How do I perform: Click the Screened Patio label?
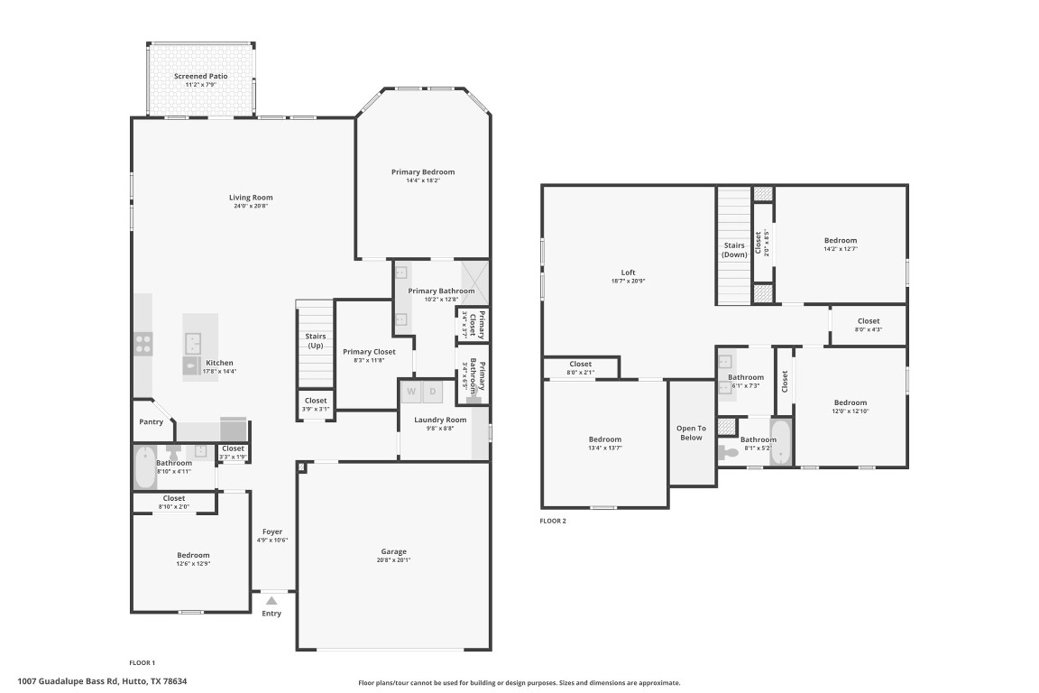tap(200, 77)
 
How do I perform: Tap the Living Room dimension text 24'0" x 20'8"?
tap(251, 207)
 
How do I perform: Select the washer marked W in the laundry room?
tap(410, 392)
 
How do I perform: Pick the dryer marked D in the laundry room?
tap(432, 392)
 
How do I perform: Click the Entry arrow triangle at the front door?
tap(271, 599)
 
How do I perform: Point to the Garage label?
tap(393, 551)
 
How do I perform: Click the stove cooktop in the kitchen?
tap(143, 343)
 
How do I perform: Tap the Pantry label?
tap(151, 421)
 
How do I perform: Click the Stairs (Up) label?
tap(316, 341)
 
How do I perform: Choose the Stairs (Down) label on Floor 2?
tap(734, 249)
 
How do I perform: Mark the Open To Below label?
tap(691, 432)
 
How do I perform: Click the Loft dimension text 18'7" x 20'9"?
tap(629, 281)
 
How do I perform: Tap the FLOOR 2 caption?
tap(553, 521)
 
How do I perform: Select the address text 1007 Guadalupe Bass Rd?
tap(108, 681)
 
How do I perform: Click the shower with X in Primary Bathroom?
tap(474, 282)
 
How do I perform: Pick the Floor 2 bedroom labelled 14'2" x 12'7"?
tap(840, 245)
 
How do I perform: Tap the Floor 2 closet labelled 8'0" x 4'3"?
tap(868, 325)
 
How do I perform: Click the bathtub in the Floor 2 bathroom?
tap(781, 443)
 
